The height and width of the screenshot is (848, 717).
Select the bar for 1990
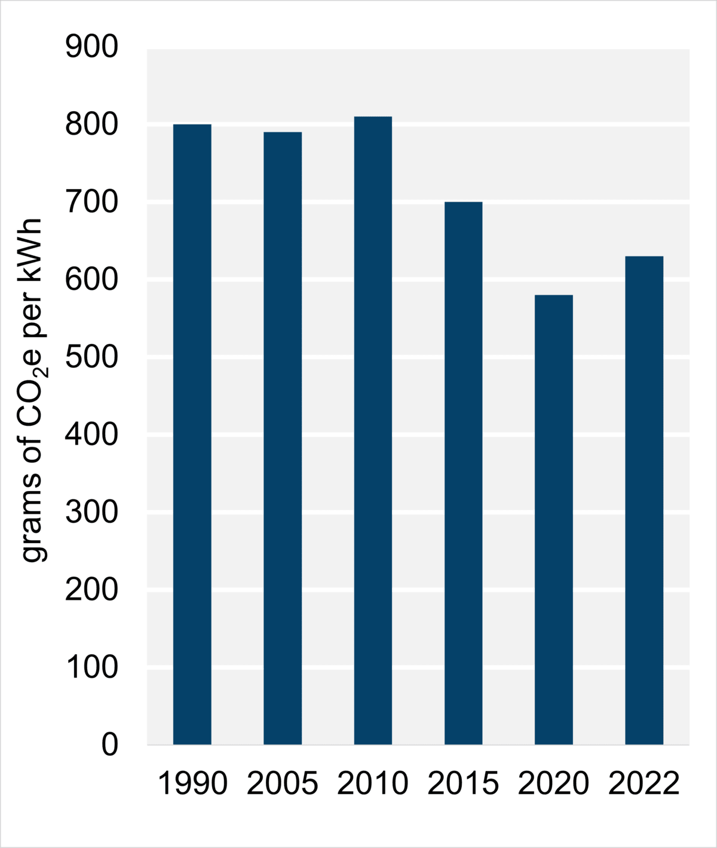click(x=192, y=434)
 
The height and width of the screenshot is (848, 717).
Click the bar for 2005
click(x=283, y=438)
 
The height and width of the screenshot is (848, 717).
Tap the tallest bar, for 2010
click(x=373, y=430)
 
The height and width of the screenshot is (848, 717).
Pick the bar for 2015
click(x=463, y=473)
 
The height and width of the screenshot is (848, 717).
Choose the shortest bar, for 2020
click(x=554, y=519)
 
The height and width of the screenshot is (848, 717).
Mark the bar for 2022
click(x=644, y=500)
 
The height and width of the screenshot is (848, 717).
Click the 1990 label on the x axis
click(x=192, y=783)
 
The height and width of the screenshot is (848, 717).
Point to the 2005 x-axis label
click(x=283, y=783)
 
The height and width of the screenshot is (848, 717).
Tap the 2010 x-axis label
click(x=373, y=783)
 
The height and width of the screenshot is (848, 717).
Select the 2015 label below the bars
click(x=463, y=783)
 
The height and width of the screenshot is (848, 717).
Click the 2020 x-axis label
click(x=554, y=783)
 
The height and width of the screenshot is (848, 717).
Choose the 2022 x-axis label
click(x=644, y=783)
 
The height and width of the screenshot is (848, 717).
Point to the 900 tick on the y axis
click(x=92, y=47)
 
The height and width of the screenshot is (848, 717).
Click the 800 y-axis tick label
click(x=92, y=125)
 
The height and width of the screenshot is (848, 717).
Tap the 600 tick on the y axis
click(x=92, y=280)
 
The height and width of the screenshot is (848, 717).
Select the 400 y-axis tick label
click(x=92, y=435)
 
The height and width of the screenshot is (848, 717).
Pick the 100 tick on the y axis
click(x=92, y=667)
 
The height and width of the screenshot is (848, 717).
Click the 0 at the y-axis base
click(x=110, y=745)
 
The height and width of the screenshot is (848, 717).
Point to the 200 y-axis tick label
click(x=92, y=590)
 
